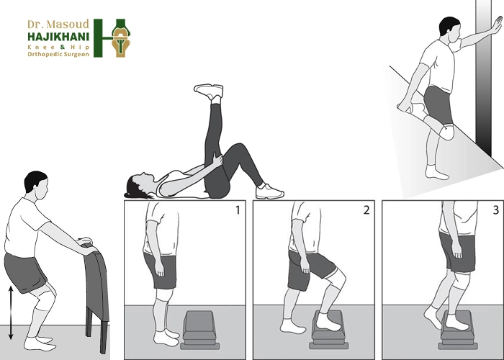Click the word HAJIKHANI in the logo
tap(58, 37)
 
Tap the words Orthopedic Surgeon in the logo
tap(58, 54)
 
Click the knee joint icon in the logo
tap(121, 38)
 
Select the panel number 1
tap(238, 210)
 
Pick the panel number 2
tap(366, 210)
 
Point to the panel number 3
tap(495, 210)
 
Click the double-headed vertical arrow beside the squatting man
tap(11, 312)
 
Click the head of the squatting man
tap(36, 185)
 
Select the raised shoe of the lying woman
tap(209, 91)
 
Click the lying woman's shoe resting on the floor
tap(269, 192)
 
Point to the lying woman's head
tap(139, 186)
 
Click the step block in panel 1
tap(200, 330)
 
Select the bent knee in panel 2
tap(337, 278)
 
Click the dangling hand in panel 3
tap(456, 250)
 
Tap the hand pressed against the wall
tap(496, 24)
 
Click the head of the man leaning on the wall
tap(450, 30)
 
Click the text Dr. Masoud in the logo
tap(58, 24)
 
